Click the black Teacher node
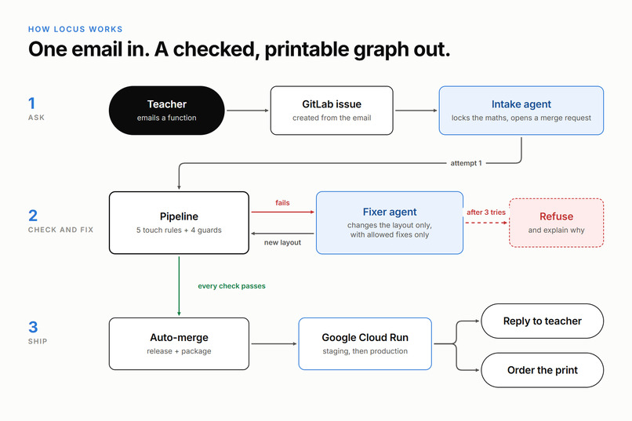[166, 111]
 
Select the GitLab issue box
[332, 111]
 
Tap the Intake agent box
[521, 111]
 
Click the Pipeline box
[179, 223]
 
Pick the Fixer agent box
[390, 223]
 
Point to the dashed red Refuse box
[556, 223]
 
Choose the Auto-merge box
[179, 343]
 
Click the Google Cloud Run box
[365, 343]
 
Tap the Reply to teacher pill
[542, 321]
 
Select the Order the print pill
[542, 370]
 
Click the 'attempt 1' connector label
[466, 163]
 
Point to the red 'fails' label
[282, 202]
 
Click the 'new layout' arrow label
[282, 242]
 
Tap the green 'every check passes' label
[232, 286]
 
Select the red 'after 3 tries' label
[486, 212]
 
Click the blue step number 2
[33, 216]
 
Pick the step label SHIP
[38, 341]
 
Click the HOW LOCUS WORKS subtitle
[75, 29]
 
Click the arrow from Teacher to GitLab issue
[248, 111]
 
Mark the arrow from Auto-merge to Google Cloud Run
[274, 343]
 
